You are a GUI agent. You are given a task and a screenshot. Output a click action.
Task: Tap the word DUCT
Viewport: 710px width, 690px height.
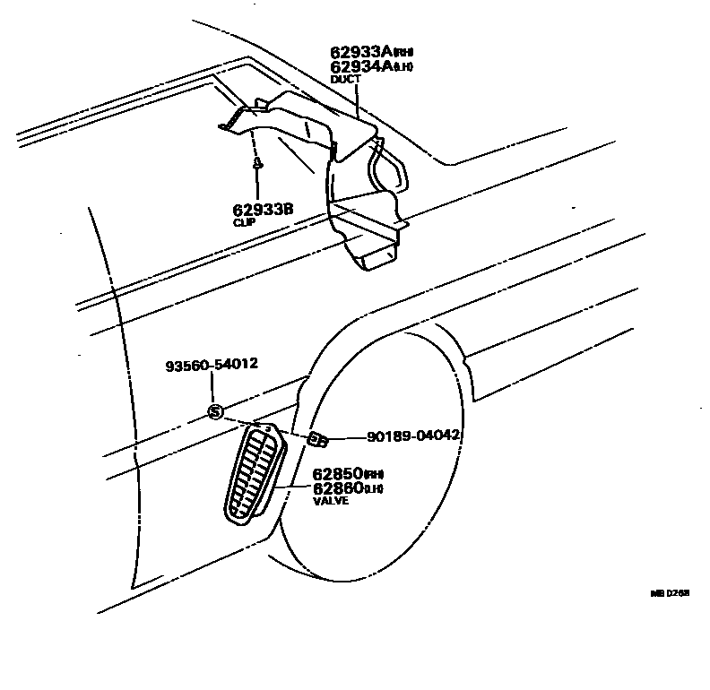click(x=345, y=79)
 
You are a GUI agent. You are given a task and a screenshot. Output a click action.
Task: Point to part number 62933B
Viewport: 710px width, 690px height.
click(x=263, y=210)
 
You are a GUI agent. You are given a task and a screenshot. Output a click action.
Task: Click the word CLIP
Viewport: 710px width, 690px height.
click(x=245, y=221)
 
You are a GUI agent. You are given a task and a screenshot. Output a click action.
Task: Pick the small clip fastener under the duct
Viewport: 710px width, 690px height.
click(x=258, y=164)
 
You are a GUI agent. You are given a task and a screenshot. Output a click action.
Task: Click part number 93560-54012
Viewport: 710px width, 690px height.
click(x=212, y=365)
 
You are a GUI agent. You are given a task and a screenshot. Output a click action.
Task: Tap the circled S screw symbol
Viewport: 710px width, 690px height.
click(x=214, y=411)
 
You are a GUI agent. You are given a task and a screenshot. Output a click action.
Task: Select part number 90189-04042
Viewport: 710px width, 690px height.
click(x=413, y=436)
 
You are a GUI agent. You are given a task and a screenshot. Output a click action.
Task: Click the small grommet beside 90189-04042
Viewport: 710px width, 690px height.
click(x=317, y=439)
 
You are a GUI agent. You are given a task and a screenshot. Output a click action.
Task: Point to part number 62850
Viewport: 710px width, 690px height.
click(x=336, y=473)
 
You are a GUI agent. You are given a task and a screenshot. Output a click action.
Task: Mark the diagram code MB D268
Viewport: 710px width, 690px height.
click(x=671, y=593)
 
